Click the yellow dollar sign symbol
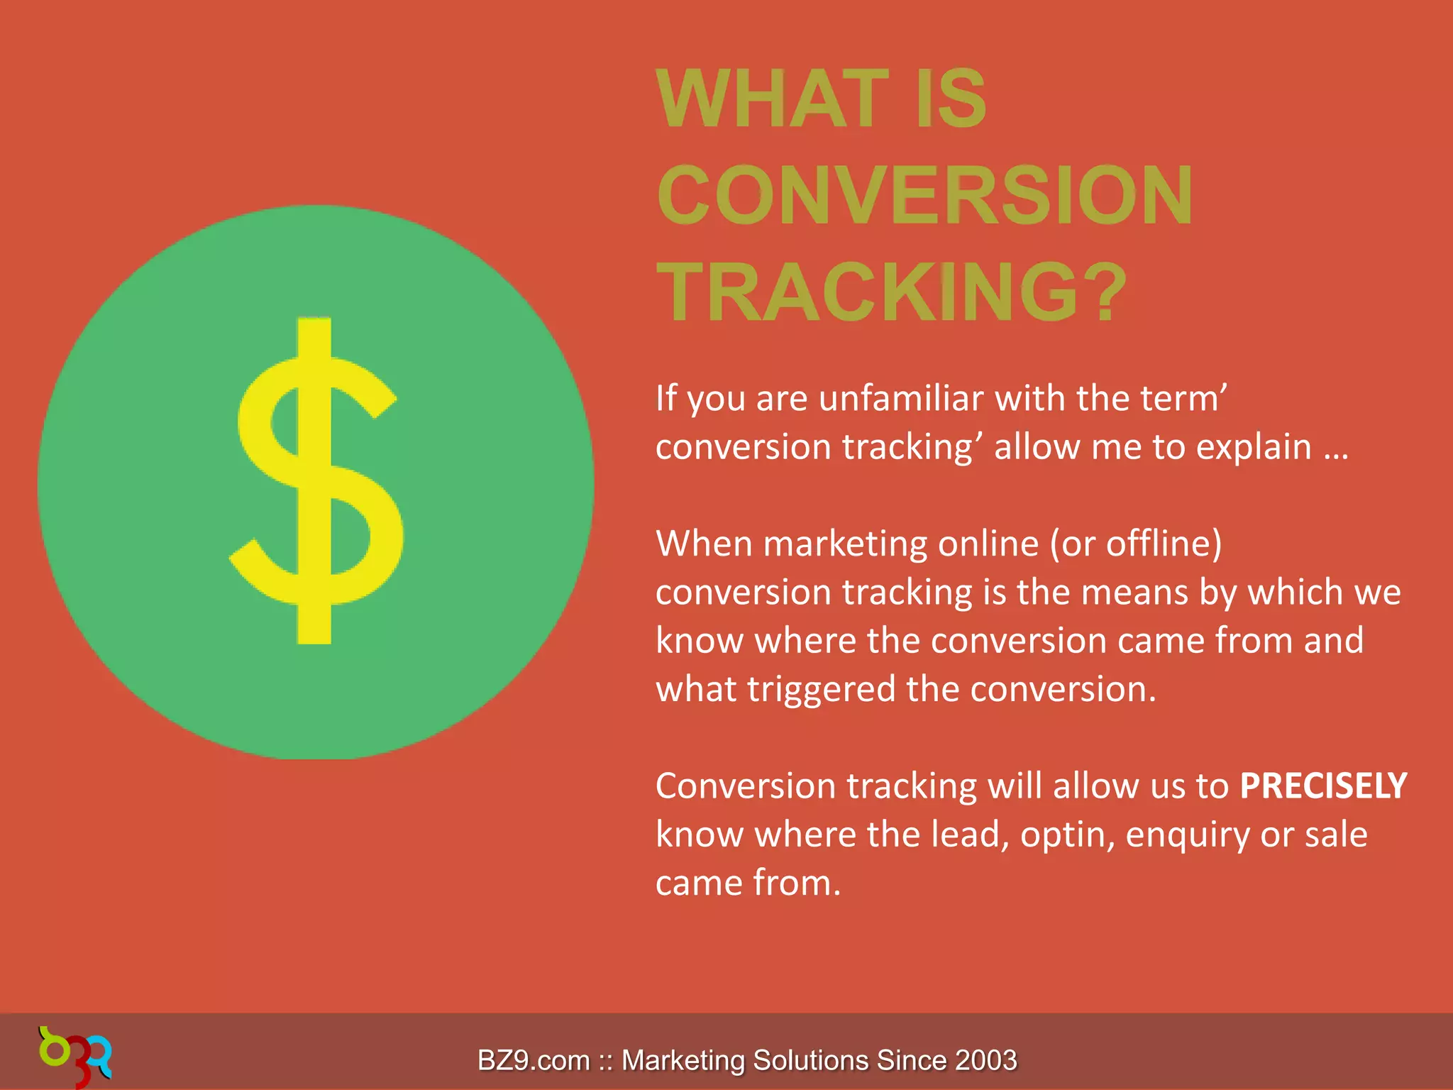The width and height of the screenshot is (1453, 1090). [316, 481]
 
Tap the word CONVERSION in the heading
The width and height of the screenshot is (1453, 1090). [925, 195]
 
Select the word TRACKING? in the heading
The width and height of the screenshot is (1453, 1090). [891, 292]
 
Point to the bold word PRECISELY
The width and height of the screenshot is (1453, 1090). [1323, 786]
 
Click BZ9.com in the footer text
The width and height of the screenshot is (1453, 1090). [534, 1060]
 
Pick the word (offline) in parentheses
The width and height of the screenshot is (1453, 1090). [1164, 544]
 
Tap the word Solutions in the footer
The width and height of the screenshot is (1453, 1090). [810, 1060]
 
